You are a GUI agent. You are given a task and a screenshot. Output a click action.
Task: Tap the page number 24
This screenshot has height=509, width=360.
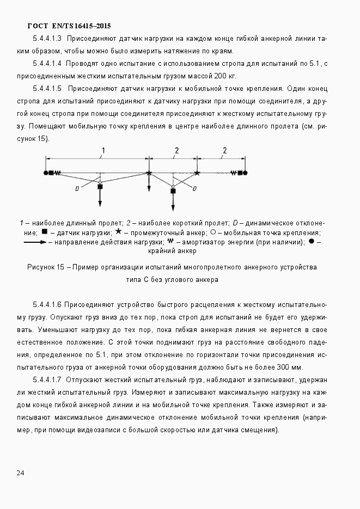point(20,473)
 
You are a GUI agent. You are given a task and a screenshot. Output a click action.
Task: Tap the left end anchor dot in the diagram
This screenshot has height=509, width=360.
point(46,173)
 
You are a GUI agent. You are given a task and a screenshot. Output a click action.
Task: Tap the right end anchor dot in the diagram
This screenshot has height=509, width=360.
point(246,173)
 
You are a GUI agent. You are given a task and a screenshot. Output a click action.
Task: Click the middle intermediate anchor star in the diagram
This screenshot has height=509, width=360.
point(149,173)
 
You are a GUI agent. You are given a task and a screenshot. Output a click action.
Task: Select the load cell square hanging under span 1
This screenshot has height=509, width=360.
point(100,187)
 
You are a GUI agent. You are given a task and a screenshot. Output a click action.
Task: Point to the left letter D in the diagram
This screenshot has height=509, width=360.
point(77,188)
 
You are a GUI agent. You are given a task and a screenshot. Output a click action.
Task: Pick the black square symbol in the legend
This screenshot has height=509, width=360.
point(45,232)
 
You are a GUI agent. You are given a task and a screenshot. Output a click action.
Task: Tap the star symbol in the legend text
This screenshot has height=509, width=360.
point(118,232)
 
